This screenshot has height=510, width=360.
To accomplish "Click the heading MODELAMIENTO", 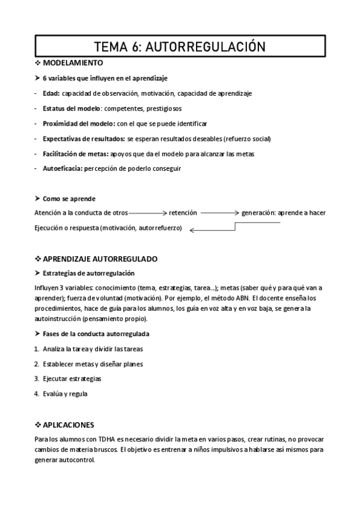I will (73, 63).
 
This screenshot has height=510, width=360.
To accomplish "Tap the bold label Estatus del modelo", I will (72, 108).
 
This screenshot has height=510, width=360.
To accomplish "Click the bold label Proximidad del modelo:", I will (79, 123).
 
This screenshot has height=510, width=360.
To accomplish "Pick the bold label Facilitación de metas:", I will (75, 154).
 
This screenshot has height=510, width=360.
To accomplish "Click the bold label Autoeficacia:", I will (62, 169).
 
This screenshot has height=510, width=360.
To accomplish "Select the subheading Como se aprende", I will (69, 198).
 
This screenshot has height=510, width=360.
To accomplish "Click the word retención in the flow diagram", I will (183, 213).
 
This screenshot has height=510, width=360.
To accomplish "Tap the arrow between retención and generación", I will (219, 213).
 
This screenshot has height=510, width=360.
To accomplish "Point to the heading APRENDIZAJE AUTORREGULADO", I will (100, 259).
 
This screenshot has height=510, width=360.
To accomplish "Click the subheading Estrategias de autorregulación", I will (88, 274).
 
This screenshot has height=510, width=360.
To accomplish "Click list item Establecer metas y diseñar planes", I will (93, 364).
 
